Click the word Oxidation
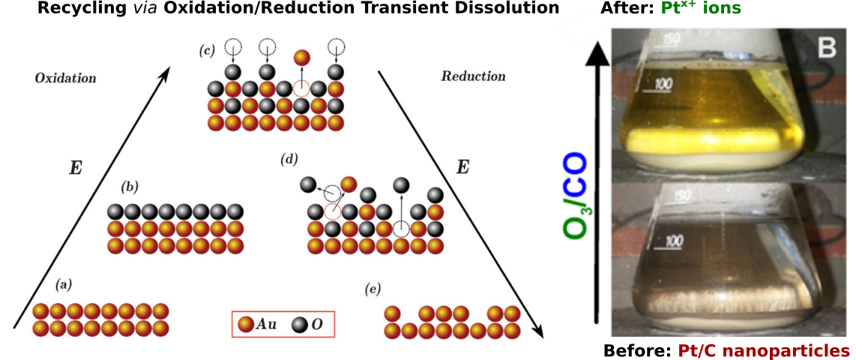(x=65, y=77)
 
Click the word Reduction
(x=473, y=76)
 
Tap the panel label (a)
(x=64, y=284)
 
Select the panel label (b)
(x=130, y=186)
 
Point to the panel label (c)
(x=207, y=51)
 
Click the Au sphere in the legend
(x=244, y=325)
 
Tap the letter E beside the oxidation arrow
(x=75, y=167)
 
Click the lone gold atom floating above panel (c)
(x=302, y=57)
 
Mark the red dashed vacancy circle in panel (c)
(x=301, y=88)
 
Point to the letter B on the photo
(x=825, y=49)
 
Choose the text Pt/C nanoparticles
(x=764, y=350)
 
